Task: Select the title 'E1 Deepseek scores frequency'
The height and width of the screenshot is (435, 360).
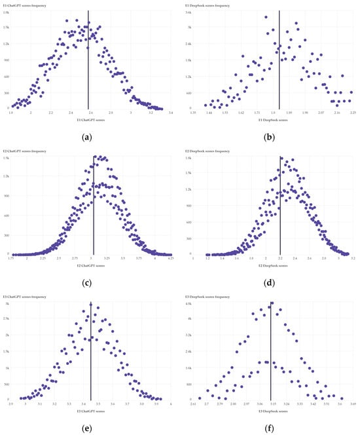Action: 207,5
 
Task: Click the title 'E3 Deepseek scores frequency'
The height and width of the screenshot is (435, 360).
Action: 207,297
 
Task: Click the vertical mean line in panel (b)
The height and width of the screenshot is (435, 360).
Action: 279,59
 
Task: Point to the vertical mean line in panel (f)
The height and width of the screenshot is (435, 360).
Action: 271,350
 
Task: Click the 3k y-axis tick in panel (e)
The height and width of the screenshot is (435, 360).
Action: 6,304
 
